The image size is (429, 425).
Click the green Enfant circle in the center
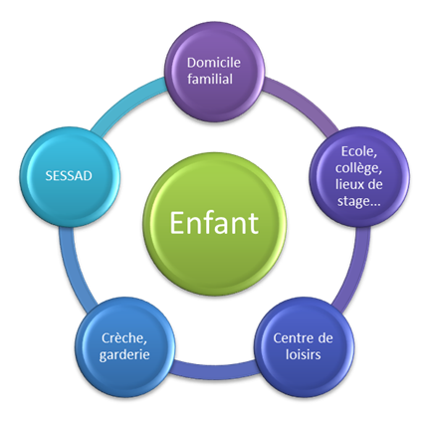pos(214,224)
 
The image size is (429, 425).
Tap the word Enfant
pos(214,223)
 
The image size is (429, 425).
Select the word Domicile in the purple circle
pos(214,63)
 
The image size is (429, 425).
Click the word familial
pos(210,79)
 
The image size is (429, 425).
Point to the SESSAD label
pos(69,176)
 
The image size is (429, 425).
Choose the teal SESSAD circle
pos(70,177)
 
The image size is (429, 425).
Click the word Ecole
pos(359,152)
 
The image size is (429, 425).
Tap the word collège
pos(358,168)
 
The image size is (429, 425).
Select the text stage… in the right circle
pos(359,201)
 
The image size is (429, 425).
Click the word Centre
pos(290,338)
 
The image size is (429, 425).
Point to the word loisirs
pos(304,354)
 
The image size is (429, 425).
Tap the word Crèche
pos(124,338)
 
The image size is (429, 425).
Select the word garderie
pos(124,355)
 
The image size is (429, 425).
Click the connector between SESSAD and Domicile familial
pos(127,103)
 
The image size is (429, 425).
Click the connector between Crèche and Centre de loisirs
pos(214,369)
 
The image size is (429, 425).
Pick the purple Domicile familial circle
pos(215,72)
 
